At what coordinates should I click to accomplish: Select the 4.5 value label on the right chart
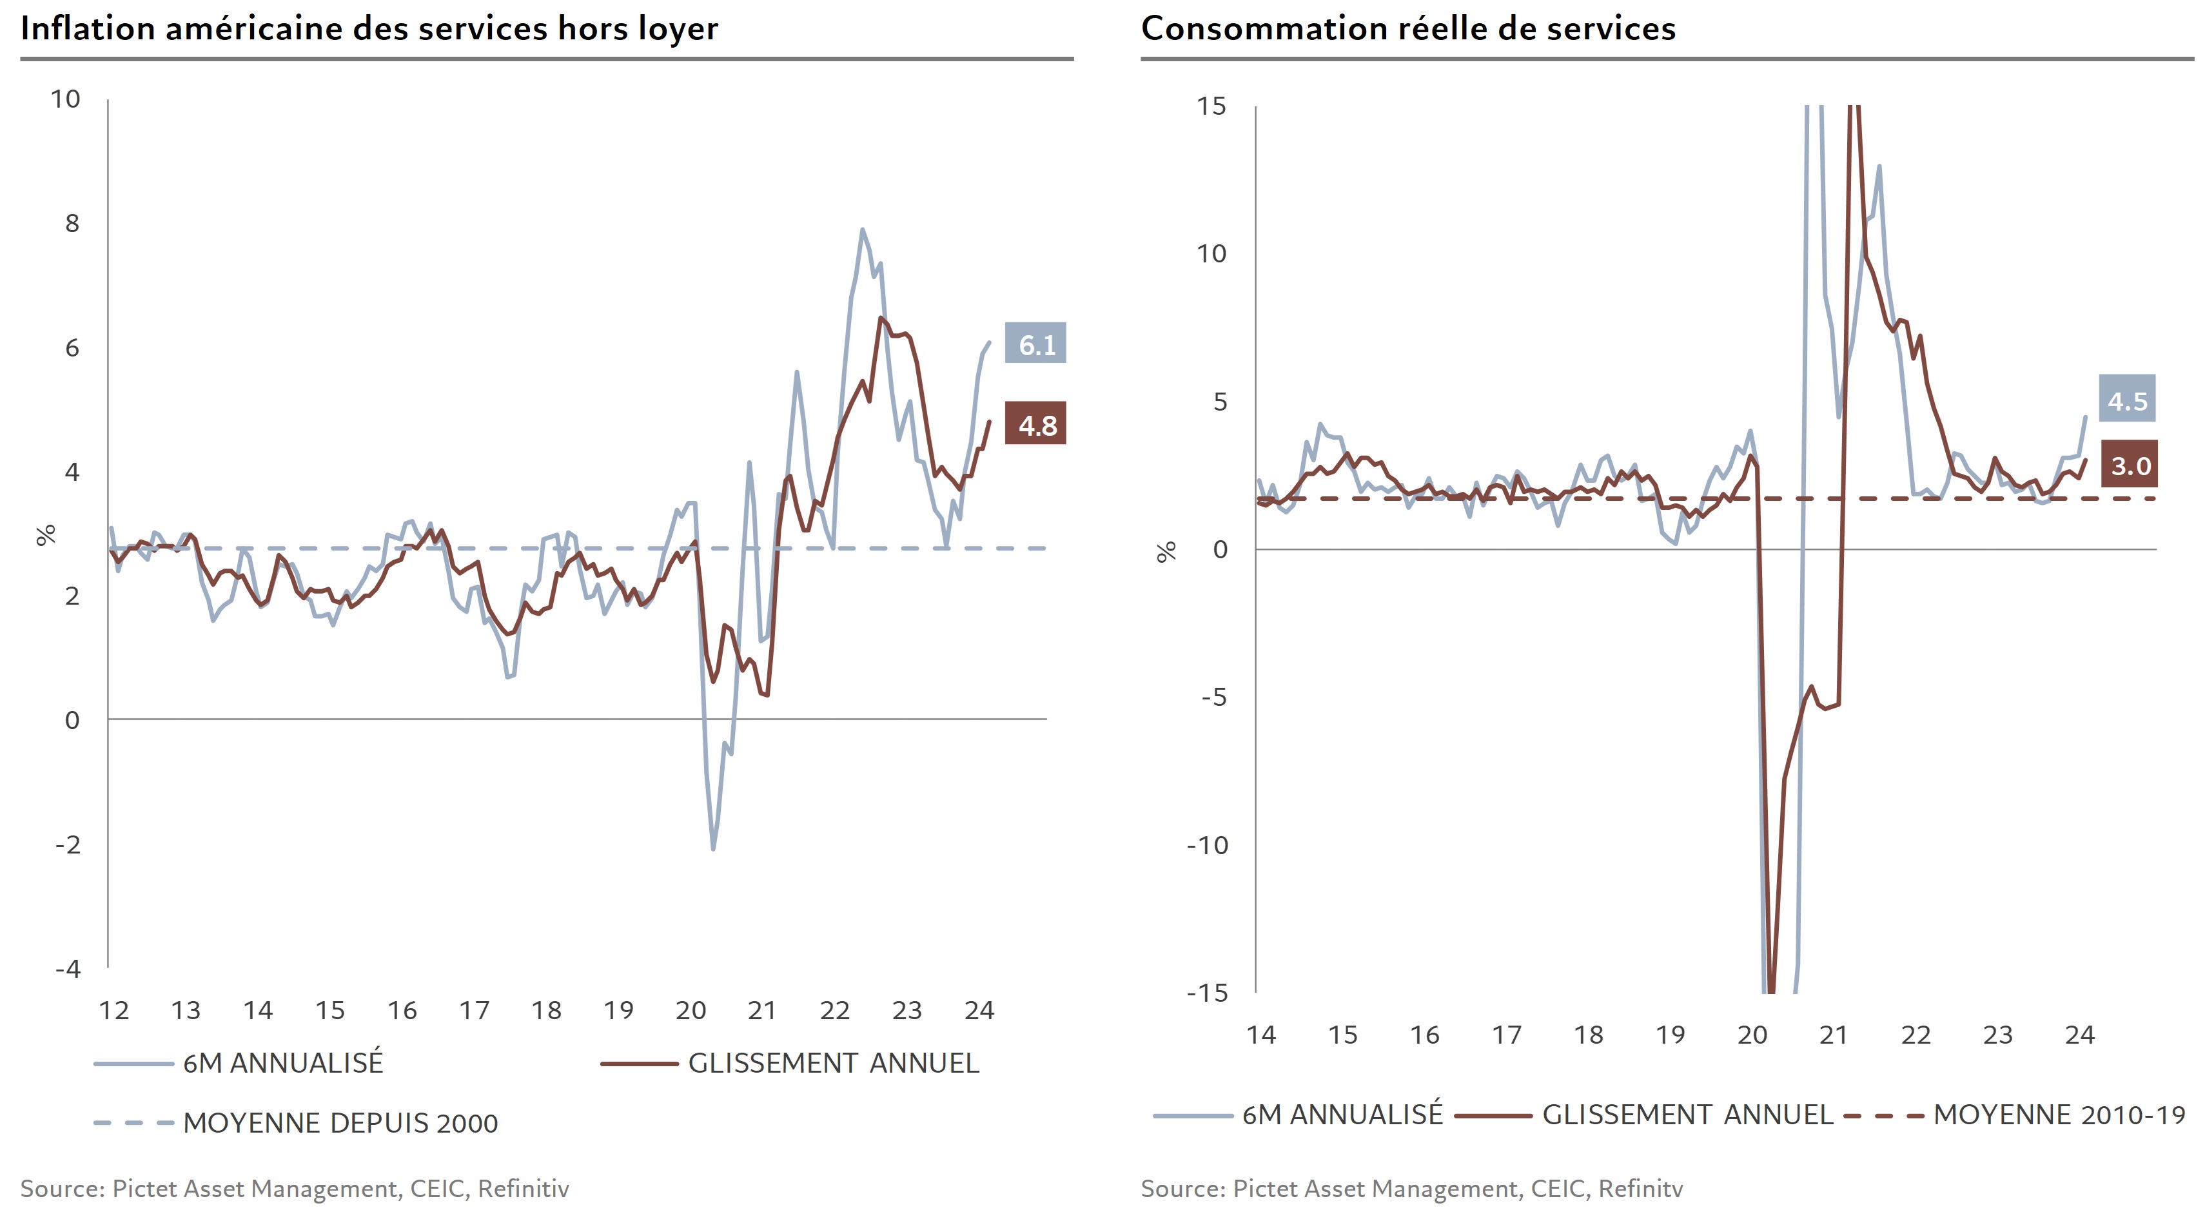click(2127, 400)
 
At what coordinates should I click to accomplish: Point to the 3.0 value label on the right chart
click(2130, 465)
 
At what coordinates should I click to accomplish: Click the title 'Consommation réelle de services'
click(1408, 28)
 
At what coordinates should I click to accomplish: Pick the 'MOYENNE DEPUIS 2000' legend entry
click(340, 1122)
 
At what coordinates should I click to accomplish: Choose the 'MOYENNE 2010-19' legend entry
click(2059, 1115)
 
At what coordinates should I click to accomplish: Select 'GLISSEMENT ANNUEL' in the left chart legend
click(833, 1063)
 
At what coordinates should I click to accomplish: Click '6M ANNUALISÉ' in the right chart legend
click(1341, 1115)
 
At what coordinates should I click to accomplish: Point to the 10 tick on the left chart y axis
click(65, 99)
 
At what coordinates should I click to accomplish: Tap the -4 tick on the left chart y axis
click(68, 968)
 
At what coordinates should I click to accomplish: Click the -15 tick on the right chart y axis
click(1207, 993)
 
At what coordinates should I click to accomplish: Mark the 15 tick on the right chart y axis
click(1211, 106)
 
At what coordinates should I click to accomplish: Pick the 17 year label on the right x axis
click(1507, 1035)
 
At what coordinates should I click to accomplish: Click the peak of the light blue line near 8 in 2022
click(862, 229)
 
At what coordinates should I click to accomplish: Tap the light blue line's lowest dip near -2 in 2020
click(713, 848)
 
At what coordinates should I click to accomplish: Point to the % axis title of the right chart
click(1166, 552)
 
